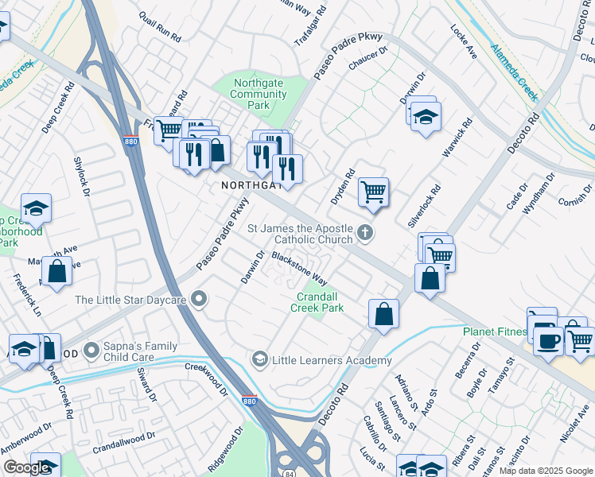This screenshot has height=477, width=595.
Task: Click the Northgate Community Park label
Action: [x=258, y=94]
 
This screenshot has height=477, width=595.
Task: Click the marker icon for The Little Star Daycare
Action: [x=200, y=299]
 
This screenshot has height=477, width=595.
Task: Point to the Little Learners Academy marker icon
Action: [x=259, y=360]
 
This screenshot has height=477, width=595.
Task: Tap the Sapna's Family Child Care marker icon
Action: [x=93, y=349]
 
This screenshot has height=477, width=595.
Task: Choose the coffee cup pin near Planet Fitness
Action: [x=548, y=340]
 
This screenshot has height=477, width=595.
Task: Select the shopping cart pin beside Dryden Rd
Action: [x=372, y=192]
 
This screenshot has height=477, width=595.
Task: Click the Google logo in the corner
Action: [x=26, y=467]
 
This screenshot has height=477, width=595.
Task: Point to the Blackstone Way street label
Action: [x=299, y=269]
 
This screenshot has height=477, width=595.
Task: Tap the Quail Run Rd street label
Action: [x=160, y=27]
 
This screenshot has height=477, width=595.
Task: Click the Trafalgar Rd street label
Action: [x=311, y=26]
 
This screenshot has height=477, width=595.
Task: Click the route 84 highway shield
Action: [x=286, y=473]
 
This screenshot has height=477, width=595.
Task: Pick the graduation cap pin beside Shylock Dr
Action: [x=36, y=208]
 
